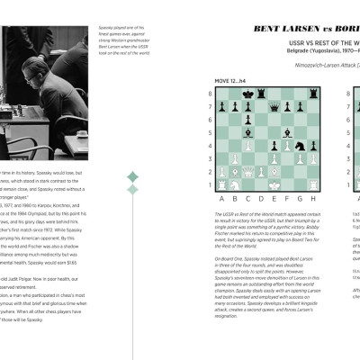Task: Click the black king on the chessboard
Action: [x=248, y=94]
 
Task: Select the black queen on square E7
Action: [x=274, y=107]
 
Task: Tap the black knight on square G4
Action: [x=300, y=146]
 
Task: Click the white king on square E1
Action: [x=274, y=184]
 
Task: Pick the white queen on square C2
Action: [x=248, y=172]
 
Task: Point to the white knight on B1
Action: [x=235, y=184]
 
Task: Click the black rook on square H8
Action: [x=313, y=94]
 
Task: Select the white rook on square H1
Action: [x=313, y=184]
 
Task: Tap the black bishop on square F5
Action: [x=287, y=133]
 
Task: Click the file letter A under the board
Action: [x=221, y=198]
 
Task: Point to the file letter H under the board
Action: [x=313, y=198]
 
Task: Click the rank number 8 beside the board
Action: [x=211, y=94]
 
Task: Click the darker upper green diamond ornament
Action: [x=132, y=176]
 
